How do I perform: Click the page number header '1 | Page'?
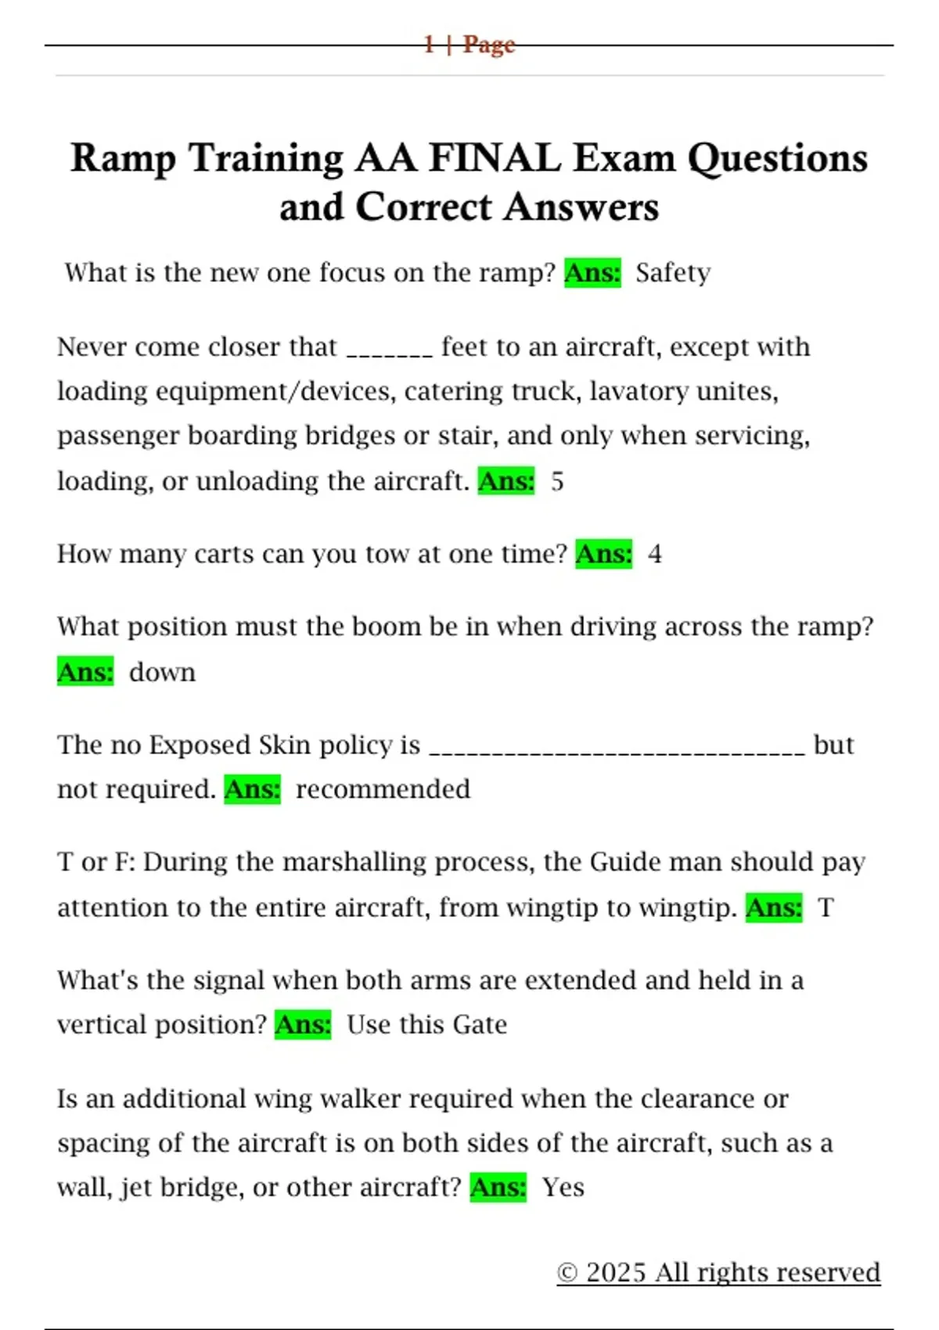click(469, 45)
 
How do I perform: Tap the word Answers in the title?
click(581, 207)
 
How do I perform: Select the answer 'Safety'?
click(673, 273)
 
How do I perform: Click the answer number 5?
click(557, 481)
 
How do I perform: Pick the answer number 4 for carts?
click(655, 554)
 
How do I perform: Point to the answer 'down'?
click(162, 672)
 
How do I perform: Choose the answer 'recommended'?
click(383, 789)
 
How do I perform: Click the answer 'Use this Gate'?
click(426, 1025)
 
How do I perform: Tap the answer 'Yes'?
click(563, 1188)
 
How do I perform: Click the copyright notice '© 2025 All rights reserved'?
click(718, 1273)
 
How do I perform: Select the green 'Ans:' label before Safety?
click(592, 273)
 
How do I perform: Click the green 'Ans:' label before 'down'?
click(85, 672)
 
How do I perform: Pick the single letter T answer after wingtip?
click(826, 908)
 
